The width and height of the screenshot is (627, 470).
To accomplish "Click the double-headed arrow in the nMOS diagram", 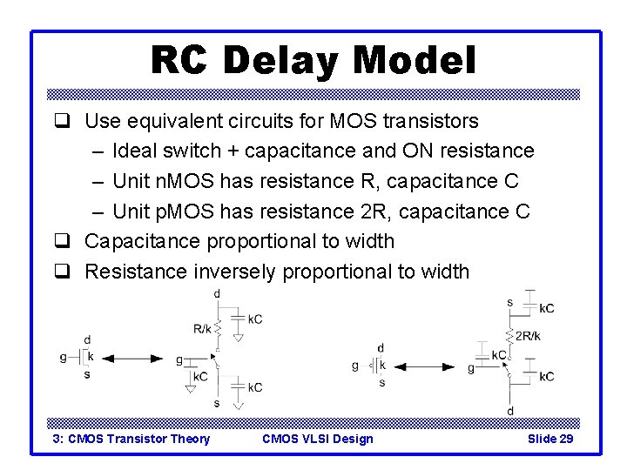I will point(135,358).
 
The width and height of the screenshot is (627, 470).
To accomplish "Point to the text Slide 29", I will point(550,439).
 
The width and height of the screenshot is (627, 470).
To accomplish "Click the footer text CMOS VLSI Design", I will point(317,439).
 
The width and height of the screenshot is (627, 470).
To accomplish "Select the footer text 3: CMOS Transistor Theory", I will point(131,439).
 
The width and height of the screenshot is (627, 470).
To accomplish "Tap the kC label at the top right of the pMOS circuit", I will point(545,308).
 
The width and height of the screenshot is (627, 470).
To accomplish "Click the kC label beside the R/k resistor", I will point(254,319).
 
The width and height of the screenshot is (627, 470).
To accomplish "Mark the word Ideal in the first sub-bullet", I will point(137,151).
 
